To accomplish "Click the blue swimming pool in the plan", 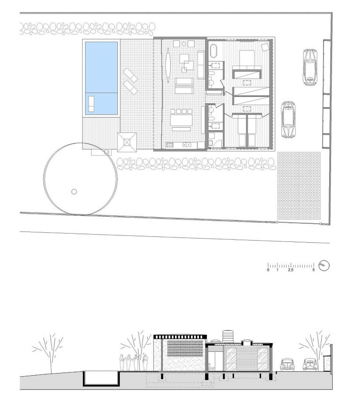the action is (101, 78).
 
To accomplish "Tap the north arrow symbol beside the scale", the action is (324, 265).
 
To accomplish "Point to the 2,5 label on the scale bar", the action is (291, 270).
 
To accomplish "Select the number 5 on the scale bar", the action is (314, 270).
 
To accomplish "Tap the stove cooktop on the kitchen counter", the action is (170, 145).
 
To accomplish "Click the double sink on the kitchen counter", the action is (187, 145).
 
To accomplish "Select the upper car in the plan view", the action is (310, 67).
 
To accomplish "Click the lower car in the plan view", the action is (288, 119).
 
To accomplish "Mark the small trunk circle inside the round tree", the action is (74, 192).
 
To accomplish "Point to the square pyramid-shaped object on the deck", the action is (127, 142).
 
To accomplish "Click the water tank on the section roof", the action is (228, 336).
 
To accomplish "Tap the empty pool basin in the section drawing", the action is (100, 378).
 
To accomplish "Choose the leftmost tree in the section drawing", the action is (49, 352).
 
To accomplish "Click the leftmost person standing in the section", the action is (122, 363).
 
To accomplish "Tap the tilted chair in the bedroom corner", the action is (266, 47).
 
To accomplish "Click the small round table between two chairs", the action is (184, 43).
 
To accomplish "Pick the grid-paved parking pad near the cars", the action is (299, 188).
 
